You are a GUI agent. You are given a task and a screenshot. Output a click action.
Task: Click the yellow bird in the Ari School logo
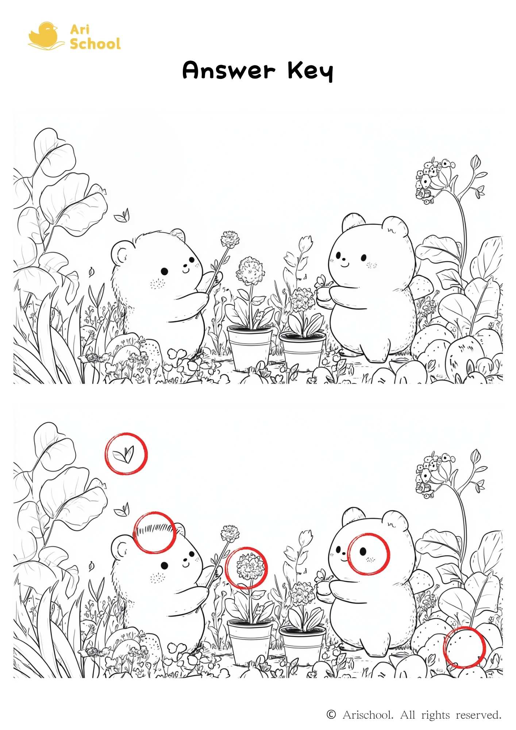point(44,35)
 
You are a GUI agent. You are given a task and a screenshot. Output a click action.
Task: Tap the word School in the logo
point(95,44)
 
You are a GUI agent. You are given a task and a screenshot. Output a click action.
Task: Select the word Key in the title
point(310,71)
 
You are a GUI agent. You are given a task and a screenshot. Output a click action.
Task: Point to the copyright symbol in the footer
point(331,714)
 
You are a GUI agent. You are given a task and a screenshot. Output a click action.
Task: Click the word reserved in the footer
point(479,715)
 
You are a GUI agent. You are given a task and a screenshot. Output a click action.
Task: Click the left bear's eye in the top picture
point(165,271)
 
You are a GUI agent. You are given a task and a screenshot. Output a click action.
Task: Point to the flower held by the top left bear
point(230,239)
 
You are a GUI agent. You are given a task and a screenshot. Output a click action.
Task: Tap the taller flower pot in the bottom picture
point(250,643)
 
